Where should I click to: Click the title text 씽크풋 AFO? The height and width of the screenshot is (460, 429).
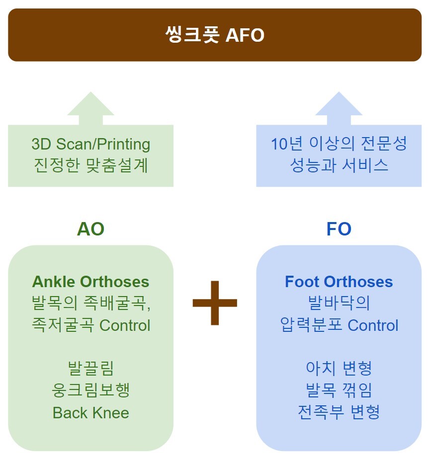(215, 35)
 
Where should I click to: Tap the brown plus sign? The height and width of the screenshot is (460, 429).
(215, 303)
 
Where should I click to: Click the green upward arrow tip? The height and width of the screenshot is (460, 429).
(91, 92)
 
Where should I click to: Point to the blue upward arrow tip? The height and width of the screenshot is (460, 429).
(339, 92)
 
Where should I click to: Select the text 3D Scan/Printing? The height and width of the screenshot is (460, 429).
(91, 145)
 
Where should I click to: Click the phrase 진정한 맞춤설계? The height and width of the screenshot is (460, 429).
(91, 165)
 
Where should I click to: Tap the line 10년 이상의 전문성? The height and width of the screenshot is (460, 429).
(339, 144)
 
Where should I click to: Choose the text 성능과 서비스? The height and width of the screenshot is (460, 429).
(339, 165)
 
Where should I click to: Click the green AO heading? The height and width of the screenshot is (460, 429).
(91, 229)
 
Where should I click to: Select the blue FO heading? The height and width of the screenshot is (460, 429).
(339, 229)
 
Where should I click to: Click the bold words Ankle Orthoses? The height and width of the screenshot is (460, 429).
(91, 282)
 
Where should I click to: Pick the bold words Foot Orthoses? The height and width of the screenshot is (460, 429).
(339, 282)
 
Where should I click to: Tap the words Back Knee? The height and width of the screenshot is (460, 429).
(91, 413)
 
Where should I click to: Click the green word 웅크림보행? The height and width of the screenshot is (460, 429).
(91, 390)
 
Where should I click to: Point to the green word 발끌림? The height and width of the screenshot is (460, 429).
(91, 368)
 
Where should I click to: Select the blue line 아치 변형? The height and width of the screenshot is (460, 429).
(339, 368)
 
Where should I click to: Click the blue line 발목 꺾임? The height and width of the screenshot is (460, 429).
(339, 390)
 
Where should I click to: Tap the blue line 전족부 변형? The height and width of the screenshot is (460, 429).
(339, 412)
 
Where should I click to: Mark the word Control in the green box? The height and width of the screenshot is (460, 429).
(125, 325)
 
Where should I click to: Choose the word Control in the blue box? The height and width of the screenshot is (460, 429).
(373, 325)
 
